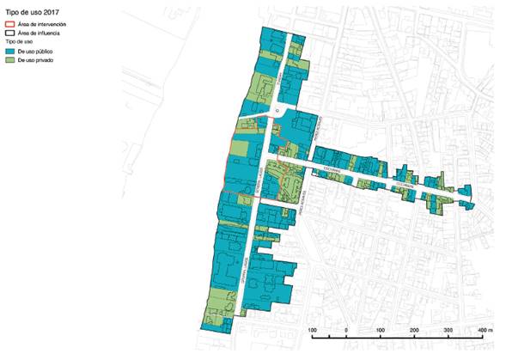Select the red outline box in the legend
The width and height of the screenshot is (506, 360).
pyautogui.click(x=9, y=23)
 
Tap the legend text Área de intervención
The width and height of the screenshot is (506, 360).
pyautogui.click(x=41, y=23)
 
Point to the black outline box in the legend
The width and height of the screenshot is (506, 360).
pyautogui.click(x=9, y=32)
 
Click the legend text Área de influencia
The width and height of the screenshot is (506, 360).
pyautogui.click(x=39, y=32)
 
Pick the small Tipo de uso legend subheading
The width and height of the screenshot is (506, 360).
pyautogui.click(x=18, y=41)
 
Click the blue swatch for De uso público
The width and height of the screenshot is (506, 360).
pyautogui.click(x=9, y=52)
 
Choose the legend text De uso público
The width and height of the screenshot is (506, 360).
pyautogui.click(x=36, y=52)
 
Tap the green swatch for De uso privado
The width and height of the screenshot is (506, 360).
pyautogui.click(x=9, y=61)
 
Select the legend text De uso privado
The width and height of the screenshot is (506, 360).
pyautogui.click(x=36, y=61)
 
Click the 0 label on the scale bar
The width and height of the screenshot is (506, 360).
pyautogui.click(x=345, y=329)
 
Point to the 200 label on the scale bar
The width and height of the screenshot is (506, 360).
pyautogui.click(x=414, y=329)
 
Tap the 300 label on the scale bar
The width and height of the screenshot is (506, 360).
pyautogui.click(x=448, y=329)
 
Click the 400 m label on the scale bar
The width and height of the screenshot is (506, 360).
pyautogui.click(x=484, y=329)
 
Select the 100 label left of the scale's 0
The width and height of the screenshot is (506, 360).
pyautogui.click(x=312, y=329)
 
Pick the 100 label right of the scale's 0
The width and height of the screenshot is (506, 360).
pyautogui.click(x=380, y=329)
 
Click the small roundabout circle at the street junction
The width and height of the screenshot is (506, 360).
pyautogui.click(x=277, y=110)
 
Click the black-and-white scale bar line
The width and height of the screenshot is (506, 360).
pyautogui.click(x=396, y=338)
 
